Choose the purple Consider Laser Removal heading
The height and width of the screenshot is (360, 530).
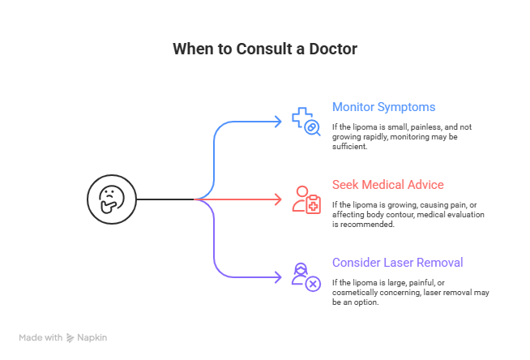click(396, 263)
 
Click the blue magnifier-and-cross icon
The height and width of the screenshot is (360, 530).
click(306, 121)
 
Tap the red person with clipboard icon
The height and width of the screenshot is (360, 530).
click(306, 199)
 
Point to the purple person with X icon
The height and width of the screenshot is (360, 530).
click(306, 276)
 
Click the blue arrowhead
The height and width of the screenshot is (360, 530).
click(276, 121)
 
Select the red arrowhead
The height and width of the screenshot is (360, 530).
click(276, 199)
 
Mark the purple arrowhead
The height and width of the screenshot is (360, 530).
click(276, 276)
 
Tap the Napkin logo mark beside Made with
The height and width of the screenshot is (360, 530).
click(70, 337)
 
